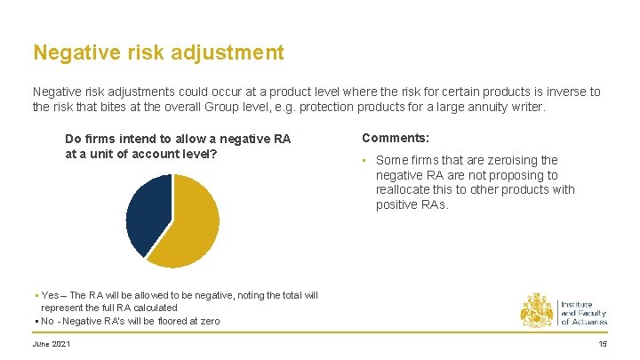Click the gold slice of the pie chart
pos(187,227)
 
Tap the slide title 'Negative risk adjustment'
pos(158,52)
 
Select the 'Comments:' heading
pos(396,139)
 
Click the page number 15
pos(602,344)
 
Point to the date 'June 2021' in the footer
pos(52,344)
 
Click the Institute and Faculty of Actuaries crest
pos(537,309)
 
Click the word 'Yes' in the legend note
pos(50,295)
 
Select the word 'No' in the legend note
pos(48,321)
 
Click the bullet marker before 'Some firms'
pos(364,161)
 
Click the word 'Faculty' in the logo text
pos(591,313)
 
